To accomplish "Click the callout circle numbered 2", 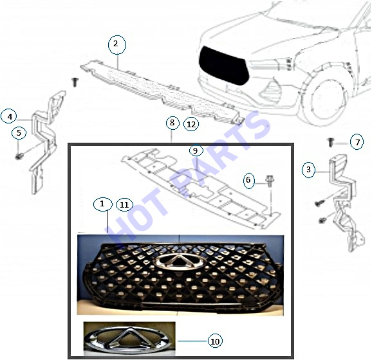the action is [x=117, y=44].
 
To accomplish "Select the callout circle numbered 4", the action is [x=9, y=116].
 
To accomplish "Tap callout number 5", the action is [x=19, y=132].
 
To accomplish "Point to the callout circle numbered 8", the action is [x=172, y=123].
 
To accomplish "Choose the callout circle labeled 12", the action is [x=191, y=124].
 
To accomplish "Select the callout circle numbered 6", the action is [x=248, y=180].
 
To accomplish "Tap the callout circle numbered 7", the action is [x=357, y=141].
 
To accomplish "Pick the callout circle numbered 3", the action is [x=309, y=170].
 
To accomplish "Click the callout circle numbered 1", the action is [x=102, y=204].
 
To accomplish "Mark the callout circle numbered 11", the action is [x=124, y=204].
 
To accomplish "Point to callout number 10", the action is [x=215, y=341].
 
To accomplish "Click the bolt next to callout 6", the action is [x=270, y=181].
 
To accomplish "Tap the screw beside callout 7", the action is [x=330, y=142].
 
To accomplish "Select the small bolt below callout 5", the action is [x=19, y=156].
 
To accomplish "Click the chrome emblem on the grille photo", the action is [x=178, y=262].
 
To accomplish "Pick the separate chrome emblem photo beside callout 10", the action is [x=129, y=339].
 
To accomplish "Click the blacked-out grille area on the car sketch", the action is [x=223, y=66].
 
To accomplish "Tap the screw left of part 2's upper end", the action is [x=75, y=82].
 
